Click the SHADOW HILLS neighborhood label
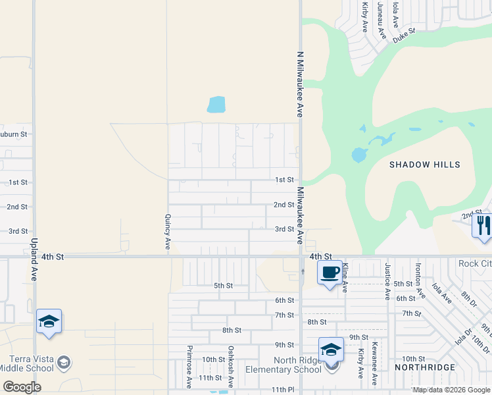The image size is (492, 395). point(424,165)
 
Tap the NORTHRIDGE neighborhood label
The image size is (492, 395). point(424,367)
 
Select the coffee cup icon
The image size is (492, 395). point(330,272)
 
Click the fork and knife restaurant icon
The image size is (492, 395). point(483,225)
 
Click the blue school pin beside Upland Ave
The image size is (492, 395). point(49,321)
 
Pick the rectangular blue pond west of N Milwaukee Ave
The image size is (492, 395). point(216,105)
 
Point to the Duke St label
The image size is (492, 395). point(405,36)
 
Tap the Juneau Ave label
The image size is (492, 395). point(381,18)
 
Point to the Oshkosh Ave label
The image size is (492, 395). point(231,366)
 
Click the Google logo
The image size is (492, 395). point(22,387)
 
